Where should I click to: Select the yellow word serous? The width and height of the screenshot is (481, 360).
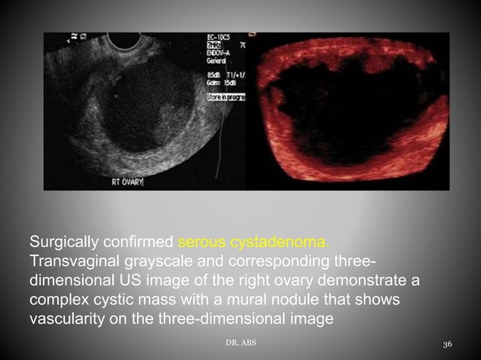201,243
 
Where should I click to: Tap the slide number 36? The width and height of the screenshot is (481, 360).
447,344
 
